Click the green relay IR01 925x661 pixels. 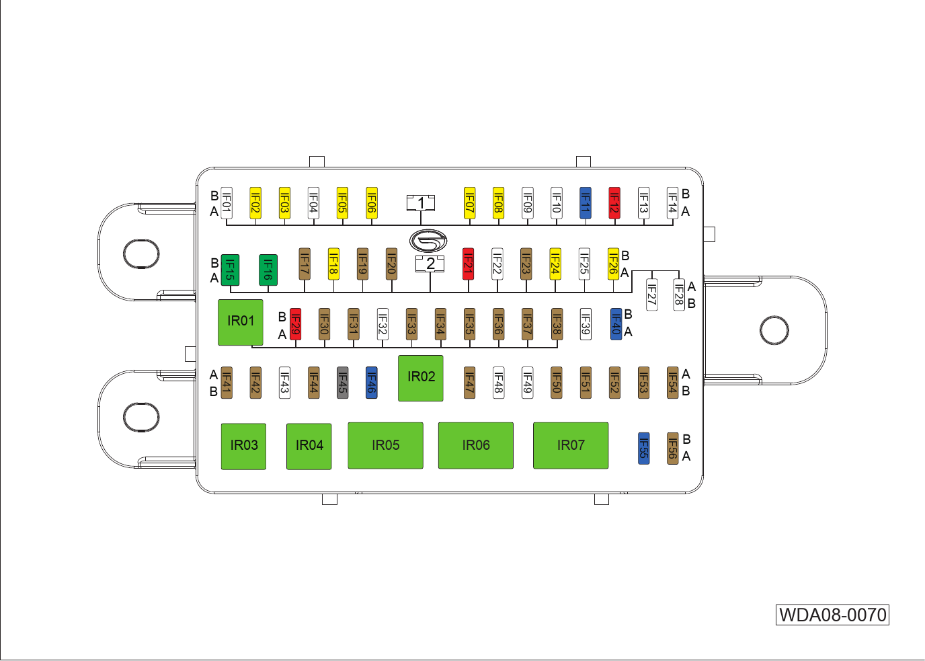(241, 322)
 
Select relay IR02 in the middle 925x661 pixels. (421, 378)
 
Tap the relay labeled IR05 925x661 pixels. (385, 445)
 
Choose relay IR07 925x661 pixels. (571, 445)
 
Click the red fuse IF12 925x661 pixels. (614, 203)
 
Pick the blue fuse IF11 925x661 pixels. (586, 203)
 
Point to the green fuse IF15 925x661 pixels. (230, 270)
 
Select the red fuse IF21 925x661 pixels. (469, 264)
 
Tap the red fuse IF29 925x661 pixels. (295, 324)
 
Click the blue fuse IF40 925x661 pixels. (616, 324)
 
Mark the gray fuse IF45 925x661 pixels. (342, 383)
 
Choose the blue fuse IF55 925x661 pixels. (643, 449)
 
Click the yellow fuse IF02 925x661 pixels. (255, 203)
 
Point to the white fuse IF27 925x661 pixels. (651, 295)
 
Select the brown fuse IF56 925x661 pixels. (672, 449)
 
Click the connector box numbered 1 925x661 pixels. (421, 202)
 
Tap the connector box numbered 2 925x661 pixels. (430, 264)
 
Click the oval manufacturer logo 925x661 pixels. (428, 240)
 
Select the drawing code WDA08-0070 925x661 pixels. (832, 615)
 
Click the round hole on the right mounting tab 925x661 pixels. (774, 330)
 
